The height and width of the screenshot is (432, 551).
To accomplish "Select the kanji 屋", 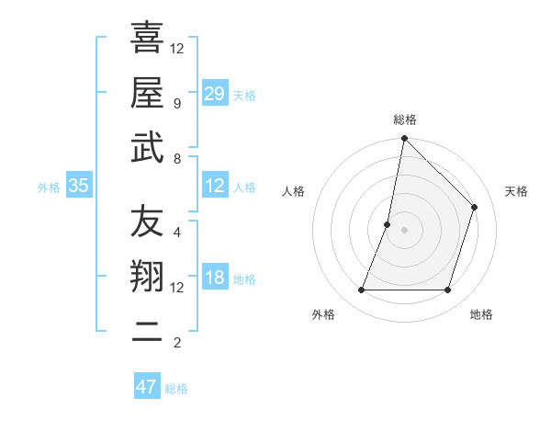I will (147, 92).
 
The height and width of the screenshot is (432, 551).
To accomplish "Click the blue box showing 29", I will (214, 94).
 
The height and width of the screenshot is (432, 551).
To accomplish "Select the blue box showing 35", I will (79, 186).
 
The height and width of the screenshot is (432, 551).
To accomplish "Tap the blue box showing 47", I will (147, 387).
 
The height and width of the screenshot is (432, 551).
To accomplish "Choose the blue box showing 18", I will (214, 279).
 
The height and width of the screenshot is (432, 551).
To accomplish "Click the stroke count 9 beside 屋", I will (177, 103).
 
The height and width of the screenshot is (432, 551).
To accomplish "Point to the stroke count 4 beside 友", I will (177, 232).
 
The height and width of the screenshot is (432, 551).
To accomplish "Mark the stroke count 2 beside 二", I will (177, 343).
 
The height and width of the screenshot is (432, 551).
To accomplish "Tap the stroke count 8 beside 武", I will (177, 159).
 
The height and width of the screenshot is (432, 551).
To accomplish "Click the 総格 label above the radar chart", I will (405, 119).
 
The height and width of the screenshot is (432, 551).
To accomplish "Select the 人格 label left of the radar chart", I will (294, 191).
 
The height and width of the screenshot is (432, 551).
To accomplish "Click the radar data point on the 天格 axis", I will (475, 207).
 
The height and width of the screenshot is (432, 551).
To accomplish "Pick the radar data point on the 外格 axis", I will (361, 290).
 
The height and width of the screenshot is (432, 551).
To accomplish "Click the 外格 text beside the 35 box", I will (49, 187).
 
